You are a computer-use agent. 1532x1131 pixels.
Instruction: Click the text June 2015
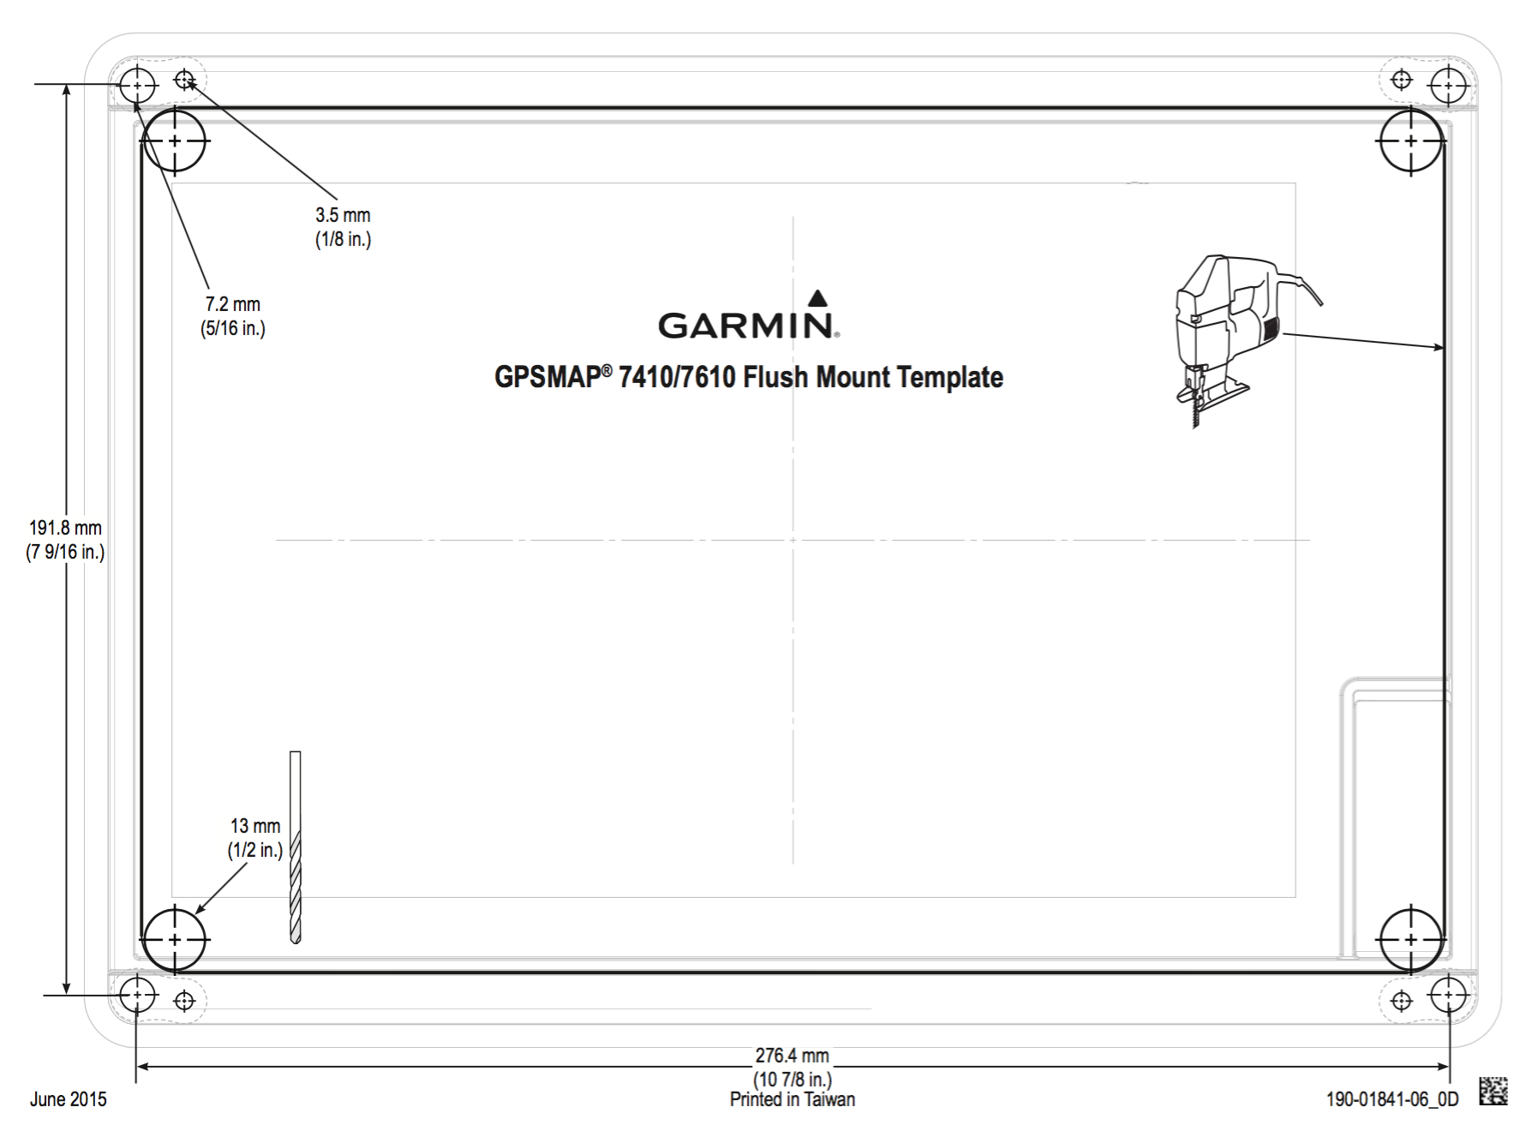(x=69, y=1099)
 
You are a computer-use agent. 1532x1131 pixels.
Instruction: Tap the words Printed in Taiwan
(x=792, y=1099)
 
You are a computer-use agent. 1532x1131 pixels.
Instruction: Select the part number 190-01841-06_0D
(x=1391, y=1099)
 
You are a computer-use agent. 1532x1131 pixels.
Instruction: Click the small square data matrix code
(x=1493, y=1091)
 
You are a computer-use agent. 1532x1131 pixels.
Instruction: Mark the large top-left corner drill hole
(x=175, y=141)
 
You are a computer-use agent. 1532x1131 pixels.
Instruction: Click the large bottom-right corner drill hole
(x=1411, y=940)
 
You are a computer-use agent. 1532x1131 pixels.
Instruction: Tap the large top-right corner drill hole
(x=1411, y=141)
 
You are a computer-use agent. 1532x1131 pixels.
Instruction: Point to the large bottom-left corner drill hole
(x=175, y=940)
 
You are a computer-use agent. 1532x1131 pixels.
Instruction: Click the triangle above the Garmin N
(x=818, y=298)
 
